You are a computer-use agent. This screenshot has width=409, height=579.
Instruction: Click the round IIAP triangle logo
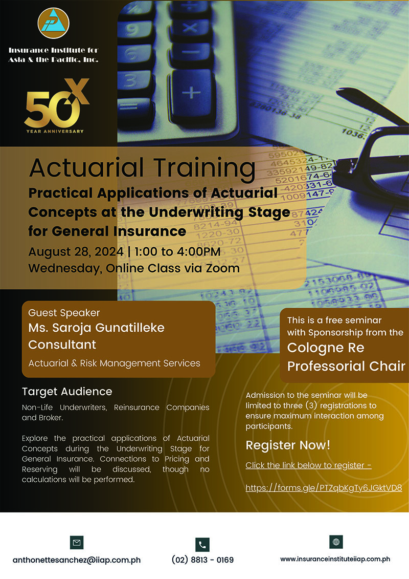[x=54, y=23]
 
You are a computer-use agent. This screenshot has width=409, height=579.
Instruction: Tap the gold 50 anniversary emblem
[x=56, y=105]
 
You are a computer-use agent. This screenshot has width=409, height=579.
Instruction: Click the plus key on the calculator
[x=191, y=92]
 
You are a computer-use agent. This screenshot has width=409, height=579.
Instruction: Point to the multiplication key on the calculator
[x=190, y=28]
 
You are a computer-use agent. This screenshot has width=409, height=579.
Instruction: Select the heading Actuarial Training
[x=142, y=168]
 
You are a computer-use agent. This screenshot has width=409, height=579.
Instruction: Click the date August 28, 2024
[x=76, y=252]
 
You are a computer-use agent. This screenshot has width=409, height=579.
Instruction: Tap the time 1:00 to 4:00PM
[x=177, y=251]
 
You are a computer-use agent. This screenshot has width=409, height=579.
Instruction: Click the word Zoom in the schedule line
[x=223, y=268]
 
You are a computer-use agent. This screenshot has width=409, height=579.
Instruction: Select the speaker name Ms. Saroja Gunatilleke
[x=96, y=328]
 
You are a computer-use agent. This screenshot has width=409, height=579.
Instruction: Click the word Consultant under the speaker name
[x=62, y=345]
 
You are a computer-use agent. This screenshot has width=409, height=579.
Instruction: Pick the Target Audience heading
[x=67, y=392]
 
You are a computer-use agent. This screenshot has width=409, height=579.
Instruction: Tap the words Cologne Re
[x=326, y=348]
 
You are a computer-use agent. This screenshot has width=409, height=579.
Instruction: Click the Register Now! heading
[x=288, y=445]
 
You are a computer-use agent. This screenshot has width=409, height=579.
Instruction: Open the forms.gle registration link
[x=324, y=488]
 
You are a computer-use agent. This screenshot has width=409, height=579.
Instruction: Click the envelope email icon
[x=77, y=543]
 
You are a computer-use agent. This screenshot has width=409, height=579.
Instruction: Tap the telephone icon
[x=202, y=545]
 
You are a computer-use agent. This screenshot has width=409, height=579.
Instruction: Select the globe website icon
[x=336, y=542]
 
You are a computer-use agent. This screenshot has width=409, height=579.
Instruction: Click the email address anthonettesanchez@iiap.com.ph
[x=77, y=560]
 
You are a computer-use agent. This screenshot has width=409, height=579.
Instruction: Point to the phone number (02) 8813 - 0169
[x=202, y=560]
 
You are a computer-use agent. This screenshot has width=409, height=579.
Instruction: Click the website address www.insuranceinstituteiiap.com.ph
[x=335, y=559]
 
